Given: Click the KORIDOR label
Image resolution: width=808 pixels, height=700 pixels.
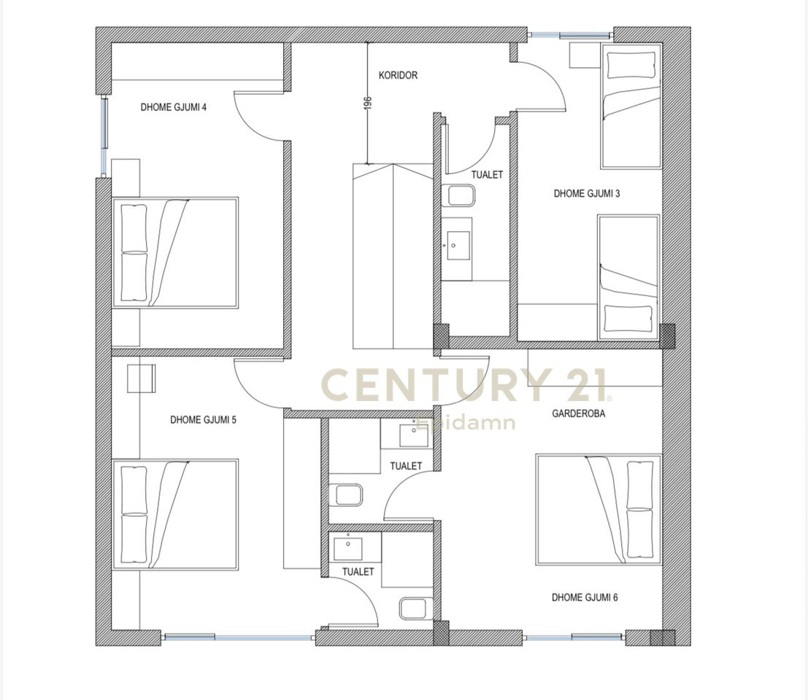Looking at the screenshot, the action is [398, 76].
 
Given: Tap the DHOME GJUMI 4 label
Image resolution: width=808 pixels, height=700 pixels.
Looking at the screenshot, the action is [174, 108].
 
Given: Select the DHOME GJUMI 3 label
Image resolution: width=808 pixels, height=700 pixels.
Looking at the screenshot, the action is [586, 194].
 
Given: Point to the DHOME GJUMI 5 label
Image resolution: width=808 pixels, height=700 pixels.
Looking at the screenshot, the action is [203, 420].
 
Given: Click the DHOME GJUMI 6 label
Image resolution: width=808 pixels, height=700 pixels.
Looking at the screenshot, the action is [585, 598].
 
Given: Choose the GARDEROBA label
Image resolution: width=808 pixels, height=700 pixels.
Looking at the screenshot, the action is [578, 413].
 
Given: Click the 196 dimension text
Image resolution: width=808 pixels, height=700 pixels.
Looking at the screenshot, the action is [367, 102].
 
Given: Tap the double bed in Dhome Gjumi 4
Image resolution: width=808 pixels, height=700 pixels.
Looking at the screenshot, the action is [175, 253].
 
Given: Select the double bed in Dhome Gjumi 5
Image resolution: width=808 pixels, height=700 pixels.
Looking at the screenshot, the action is [175, 514].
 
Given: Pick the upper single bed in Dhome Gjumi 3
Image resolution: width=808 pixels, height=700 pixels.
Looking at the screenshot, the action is [631, 106].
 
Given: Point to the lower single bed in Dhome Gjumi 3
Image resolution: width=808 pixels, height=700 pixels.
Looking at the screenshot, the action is [628, 277].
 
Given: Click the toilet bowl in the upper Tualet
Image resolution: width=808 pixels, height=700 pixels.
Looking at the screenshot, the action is [458, 196].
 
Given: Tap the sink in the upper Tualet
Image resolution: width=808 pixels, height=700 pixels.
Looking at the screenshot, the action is [458, 246].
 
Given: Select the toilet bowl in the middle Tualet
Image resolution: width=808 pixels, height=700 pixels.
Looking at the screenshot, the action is [346, 495].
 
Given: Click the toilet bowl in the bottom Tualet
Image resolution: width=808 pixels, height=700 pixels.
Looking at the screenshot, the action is [416, 608].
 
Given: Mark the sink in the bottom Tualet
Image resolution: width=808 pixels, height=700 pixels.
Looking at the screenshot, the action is [348, 549].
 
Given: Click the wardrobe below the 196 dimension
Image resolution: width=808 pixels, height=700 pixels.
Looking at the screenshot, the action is [393, 257].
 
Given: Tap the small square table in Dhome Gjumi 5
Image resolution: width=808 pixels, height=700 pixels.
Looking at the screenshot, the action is [141, 378].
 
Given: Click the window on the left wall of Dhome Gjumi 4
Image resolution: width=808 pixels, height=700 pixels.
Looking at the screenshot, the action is [104, 136].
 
